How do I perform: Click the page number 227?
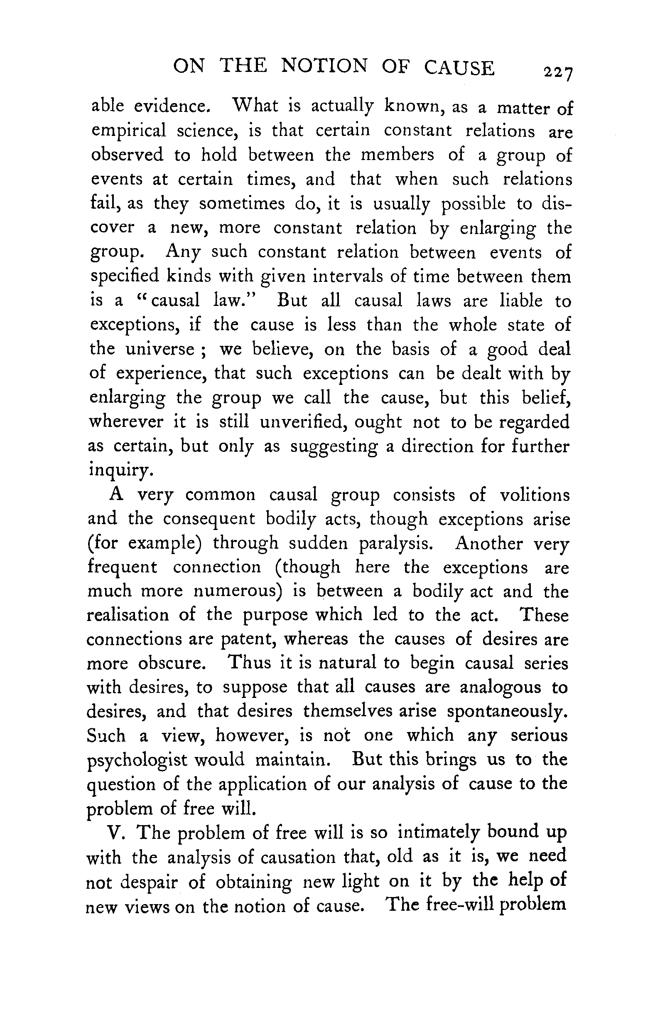click(557, 73)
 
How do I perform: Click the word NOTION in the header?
click(324, 67)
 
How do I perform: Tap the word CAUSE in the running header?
click(459, 68)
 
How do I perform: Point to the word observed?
click(127, 154)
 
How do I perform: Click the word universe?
click(160, 350)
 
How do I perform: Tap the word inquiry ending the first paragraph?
click(120, 470)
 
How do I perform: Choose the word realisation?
click(128, 615)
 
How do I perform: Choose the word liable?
click(521, 301)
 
